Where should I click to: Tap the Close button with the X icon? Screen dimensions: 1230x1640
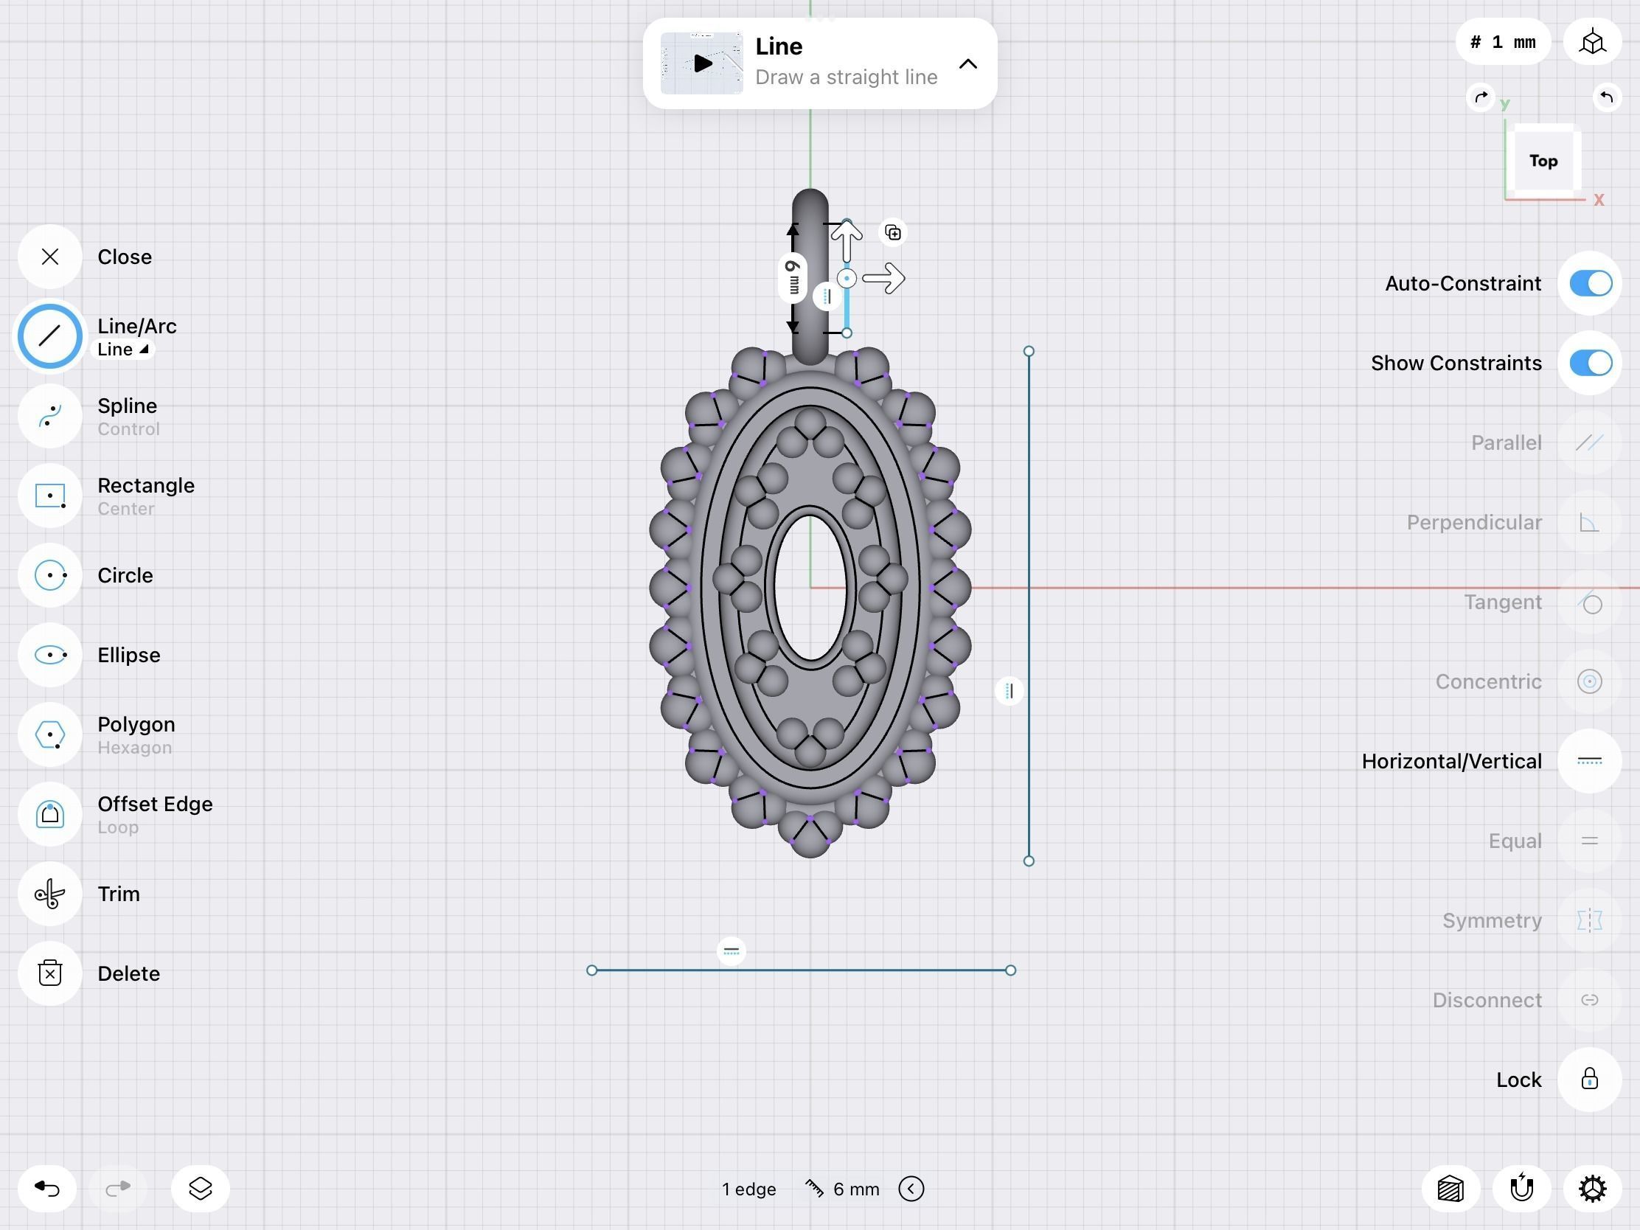(x=49, y=257)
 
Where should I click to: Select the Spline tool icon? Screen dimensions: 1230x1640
(x=49, y=416)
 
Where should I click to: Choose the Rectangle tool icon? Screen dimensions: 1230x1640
(x=49, y=496)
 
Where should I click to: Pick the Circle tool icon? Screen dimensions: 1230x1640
(x=49, y=575)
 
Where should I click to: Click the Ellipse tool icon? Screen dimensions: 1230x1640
(x=49, y=655)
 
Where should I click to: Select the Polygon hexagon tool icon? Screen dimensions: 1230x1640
(x=49, y=734)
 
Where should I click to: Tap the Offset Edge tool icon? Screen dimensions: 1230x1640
(x=49, y=814)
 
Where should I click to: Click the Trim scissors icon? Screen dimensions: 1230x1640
(x=49, y=894)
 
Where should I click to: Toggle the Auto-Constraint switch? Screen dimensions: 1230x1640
(x=1590, y=283)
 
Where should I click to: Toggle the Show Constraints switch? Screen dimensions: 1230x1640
(x=1590, y=363)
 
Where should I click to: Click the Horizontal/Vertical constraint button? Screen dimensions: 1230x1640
(x=1589, y=761)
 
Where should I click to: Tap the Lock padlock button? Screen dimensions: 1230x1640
(x=1589, y=1079)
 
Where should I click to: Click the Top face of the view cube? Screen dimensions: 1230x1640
(x=1543, y=161)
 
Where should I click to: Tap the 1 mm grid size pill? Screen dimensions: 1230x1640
(x=1503, y=42)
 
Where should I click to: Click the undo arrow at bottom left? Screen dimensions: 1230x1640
(x=47, y=1189)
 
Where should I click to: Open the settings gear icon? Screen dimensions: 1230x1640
(x=1592, y=1189)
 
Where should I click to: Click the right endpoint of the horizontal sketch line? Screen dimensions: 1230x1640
(x=1010, y=970)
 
